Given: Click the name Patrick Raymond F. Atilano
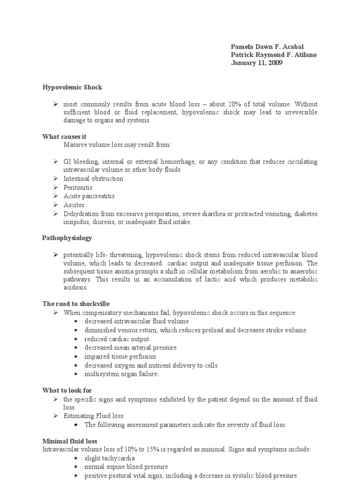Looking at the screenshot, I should pos(273,55).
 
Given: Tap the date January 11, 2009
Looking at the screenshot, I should pos(256,63).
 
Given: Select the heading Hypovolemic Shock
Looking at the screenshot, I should pos(72,87).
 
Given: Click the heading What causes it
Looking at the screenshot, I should pos(64,136).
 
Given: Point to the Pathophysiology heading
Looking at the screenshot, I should pos(67,238).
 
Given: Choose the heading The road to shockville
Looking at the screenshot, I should pos(75,304).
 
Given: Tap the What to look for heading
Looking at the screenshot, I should pos(67,390).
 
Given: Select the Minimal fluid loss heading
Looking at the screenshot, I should pos(69,441).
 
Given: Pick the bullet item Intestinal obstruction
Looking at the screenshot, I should pos(93,179).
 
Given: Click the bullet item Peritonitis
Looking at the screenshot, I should pos(78,187).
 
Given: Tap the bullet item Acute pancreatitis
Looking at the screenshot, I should pos(89,196).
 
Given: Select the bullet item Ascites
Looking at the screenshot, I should pos(74,205).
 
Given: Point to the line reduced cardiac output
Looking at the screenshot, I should pos(117,339).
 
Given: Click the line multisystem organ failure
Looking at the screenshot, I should pos(121,374).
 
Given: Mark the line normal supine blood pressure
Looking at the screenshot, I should pos(126,467).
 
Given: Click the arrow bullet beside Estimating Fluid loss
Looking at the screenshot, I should pos(55,416).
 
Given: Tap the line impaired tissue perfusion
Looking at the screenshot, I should pos(120,357).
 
